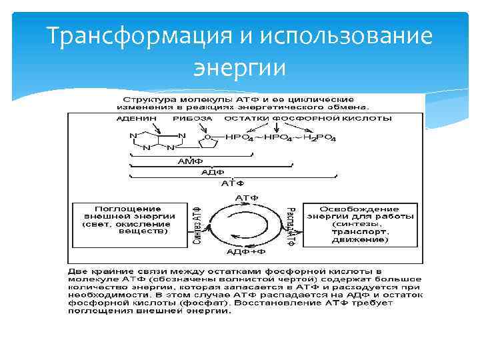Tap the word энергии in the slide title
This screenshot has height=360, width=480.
[239, 67]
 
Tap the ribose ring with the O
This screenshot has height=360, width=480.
[208, 139]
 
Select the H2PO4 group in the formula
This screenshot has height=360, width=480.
[319, 138]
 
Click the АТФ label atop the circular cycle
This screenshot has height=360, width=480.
[247, 198]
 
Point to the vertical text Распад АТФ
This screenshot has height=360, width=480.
[291, 225]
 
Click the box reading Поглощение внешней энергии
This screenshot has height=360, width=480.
[130, 220]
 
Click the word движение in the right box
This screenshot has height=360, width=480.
[361, 239]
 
